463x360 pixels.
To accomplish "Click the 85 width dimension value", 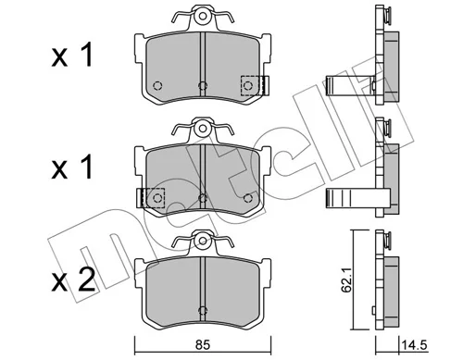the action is click(x=203, y=344).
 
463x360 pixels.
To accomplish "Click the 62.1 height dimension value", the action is click(x=346, y=282).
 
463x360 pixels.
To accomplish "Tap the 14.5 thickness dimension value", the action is click(x=414, y=345).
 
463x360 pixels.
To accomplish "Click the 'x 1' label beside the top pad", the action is click(x=72, y=56).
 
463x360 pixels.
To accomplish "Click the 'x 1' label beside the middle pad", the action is click(x=72, y=168).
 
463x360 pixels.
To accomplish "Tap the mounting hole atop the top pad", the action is click(x=202, y=16).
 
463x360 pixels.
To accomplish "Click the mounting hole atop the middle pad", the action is click(x=202, y=128).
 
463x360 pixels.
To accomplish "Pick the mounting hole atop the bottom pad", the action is click(x=202, y=241).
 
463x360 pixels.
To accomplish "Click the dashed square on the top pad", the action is click(x=253, y=85).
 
